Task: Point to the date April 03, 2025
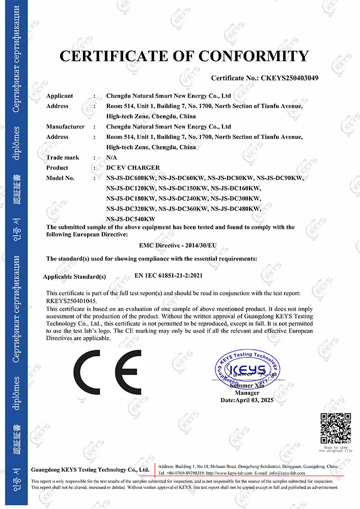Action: point(247,401)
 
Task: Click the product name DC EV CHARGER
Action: point(133,167)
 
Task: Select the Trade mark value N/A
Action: point(112,157)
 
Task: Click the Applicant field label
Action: point(60,96)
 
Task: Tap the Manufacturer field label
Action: point(65,126)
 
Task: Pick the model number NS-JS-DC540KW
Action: point(130,218)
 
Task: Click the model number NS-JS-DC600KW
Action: point(131,178)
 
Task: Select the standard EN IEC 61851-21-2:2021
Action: point(176,275)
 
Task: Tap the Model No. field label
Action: point(60,178)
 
